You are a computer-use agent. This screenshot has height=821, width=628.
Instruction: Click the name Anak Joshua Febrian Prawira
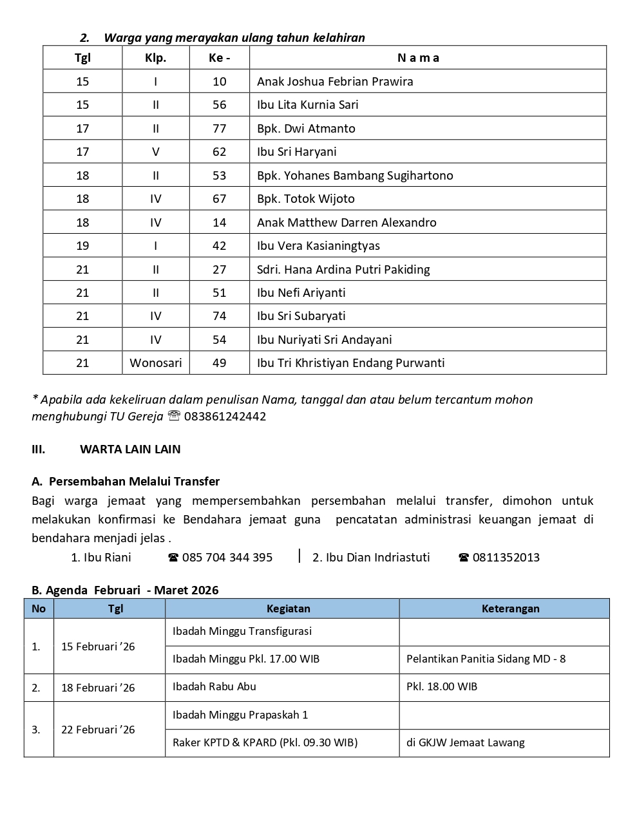coord(335,82)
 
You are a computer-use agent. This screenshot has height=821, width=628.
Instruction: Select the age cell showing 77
coord(220,129)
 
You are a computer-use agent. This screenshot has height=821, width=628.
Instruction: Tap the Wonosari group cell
coord(156,363)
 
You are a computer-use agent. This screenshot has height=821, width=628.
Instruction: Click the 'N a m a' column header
coord(419,58)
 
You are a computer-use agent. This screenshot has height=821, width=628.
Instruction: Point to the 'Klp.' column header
coord(156,58)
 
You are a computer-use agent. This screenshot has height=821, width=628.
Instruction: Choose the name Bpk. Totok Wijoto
coord(306,199)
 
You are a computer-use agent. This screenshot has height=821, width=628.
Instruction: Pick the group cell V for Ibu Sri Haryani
coord(156,152)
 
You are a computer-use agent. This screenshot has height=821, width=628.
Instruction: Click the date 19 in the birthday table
coord(82,246)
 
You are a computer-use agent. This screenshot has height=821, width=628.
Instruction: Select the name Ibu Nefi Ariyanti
coord(301,293)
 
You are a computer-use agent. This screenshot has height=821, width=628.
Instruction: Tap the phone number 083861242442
coord(225,417)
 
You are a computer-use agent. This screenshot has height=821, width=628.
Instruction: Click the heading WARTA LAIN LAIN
coord(130,449)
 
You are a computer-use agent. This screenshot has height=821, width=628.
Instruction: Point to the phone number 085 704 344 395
coord(227,558)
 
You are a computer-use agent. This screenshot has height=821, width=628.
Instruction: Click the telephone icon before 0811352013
coord(464,558)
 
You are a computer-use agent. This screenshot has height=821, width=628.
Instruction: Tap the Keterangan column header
coord(511,609)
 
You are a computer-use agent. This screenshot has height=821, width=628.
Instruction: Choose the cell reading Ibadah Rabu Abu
coord(214,687)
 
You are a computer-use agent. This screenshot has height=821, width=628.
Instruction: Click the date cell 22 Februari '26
coord(98,730)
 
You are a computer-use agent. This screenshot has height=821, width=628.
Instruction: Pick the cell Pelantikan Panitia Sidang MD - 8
coord(486,659)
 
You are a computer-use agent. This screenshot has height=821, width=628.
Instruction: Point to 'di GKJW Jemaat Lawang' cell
coord(466,743)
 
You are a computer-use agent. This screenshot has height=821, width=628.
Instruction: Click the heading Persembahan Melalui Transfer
coord(134,482)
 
